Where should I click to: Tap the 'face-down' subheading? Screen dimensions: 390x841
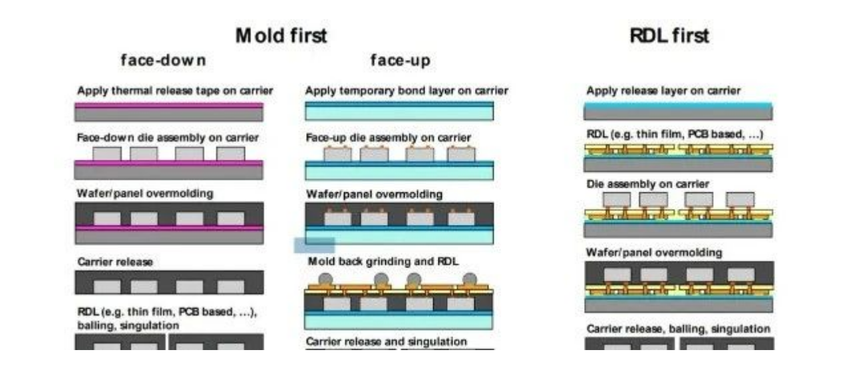pos(163,61)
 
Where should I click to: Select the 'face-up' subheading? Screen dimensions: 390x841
pos(400,61)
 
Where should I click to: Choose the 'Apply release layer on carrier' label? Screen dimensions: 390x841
pos(663,91)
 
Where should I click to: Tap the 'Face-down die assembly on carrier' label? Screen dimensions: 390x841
pos(167,138)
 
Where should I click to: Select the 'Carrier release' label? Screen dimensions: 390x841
pos(114,262)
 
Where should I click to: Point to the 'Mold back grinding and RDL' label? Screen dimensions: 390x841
pos(383,262)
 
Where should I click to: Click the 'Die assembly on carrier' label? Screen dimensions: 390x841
pos(647,183)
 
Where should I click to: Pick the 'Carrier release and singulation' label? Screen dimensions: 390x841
pos(386,341)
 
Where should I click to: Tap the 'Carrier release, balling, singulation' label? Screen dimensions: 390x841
pos(678,329)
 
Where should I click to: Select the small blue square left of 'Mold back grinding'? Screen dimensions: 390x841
pos(314,245)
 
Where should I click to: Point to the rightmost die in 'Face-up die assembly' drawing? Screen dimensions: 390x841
pos(461,155)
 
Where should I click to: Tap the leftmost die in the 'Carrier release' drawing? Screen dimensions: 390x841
pos(106,286)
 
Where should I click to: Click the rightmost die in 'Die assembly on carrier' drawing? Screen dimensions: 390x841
pos(741,199)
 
